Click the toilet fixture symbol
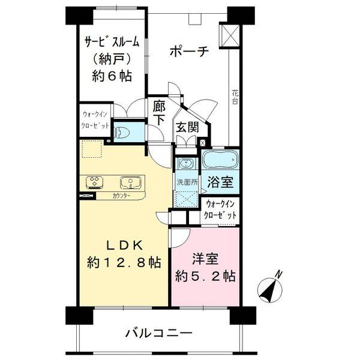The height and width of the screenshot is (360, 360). (122, 132)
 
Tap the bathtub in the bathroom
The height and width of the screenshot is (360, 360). (221, 160)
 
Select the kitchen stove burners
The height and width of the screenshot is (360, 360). (94, 182)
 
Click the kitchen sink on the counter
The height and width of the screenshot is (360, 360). (131, 182)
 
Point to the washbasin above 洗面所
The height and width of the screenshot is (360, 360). (187, 164)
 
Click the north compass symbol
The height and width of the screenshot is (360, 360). (269, 290)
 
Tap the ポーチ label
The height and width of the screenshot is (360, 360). (189, 52)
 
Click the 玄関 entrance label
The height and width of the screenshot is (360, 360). (187, 127)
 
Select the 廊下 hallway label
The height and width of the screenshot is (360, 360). (159, 113)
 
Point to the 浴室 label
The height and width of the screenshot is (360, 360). (220, 182)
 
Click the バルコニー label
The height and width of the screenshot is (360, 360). (158, 333)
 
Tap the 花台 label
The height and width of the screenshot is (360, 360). (235, 97)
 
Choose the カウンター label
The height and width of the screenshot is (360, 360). (121, 196)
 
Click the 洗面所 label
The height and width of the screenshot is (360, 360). (187, 182)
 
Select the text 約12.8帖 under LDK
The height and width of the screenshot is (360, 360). (124, 262)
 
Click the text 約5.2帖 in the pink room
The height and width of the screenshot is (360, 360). (205, 277)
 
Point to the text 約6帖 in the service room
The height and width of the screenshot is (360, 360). (112, 76)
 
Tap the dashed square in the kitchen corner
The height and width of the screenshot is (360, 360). (92, 149)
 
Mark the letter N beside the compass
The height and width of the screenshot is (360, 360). (279, 274)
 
